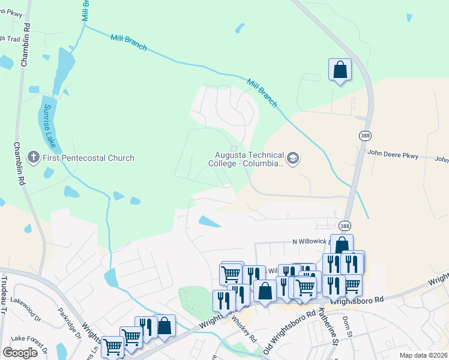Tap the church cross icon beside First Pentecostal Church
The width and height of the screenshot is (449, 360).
[34, 158]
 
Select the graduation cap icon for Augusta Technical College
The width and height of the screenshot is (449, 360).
[293, 158]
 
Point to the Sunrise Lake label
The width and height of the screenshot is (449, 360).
[50, 126]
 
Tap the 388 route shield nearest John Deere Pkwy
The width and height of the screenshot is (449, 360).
[365, 136]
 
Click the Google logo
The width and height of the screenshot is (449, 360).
[20, 352]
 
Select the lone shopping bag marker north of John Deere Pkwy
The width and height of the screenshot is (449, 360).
[340, 70]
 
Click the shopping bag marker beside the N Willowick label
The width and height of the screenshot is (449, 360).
[342, 245]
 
